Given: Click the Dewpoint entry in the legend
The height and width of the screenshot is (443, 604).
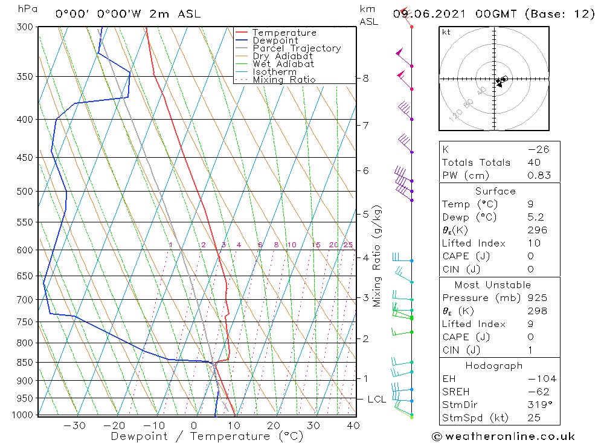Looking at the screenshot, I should click(x=275, y=40).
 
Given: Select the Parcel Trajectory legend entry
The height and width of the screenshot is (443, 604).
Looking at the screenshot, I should click(x=297, y=48).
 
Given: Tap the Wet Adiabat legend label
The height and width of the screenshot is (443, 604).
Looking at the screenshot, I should click(x=283, y=64).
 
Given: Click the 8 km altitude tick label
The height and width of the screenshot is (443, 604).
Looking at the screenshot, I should click(x=365, y=79).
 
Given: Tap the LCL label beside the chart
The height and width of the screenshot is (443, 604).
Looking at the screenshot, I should click(x=377, y=399).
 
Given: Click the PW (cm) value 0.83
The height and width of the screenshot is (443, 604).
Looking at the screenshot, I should click(x=539, y=176).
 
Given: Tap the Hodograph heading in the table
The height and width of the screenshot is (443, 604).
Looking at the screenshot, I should click(x=494, y=366).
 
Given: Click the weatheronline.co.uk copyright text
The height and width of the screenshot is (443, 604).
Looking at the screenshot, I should click(x=503, y=436).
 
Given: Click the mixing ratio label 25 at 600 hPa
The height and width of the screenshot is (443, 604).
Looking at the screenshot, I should click(x=348, y=245).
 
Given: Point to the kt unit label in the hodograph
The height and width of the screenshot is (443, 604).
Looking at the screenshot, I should click(x=446, y=32).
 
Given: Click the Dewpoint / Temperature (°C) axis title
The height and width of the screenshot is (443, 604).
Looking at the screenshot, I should click(x=207, y=436).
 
